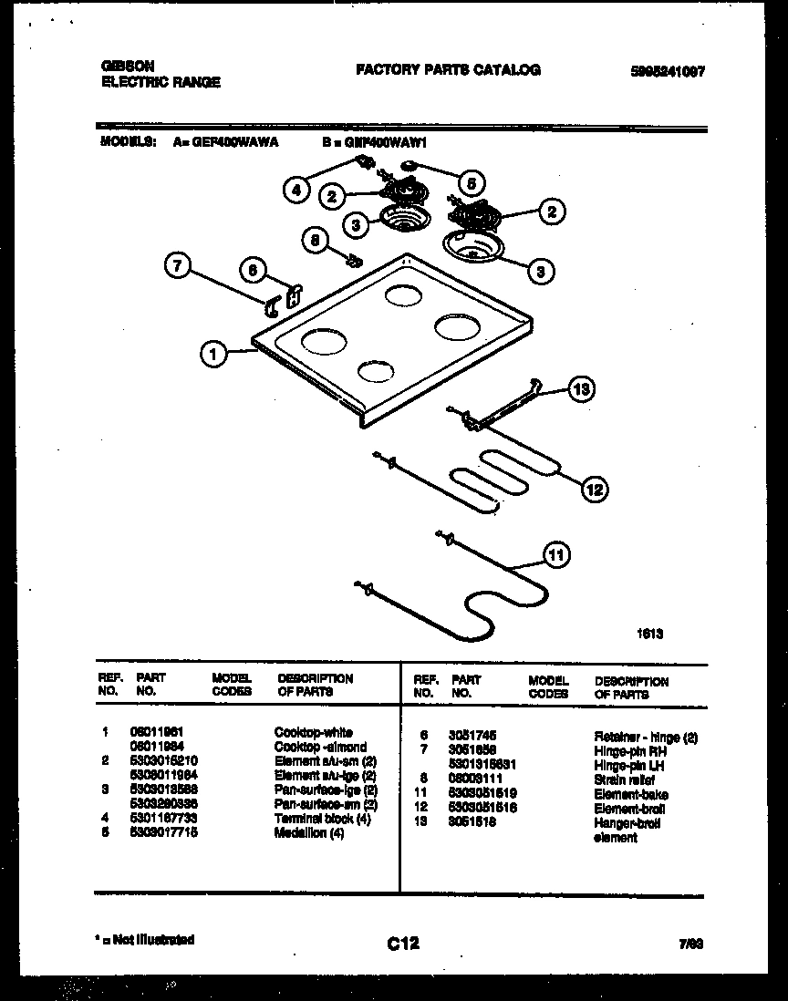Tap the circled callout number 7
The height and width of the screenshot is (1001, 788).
pyautogui.click(x=179, y=267)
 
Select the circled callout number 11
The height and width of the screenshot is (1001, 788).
pyautogui.click(x=555, y=553)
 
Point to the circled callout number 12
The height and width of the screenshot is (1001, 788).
pyautogui.click(x=594, y=490)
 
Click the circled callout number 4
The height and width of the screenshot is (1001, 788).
pyautogui.click(x=295, y=191)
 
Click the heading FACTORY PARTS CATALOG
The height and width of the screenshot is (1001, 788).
pyautogui.click(x=448, y=69)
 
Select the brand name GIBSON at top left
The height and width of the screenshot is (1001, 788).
pyautogui.click(x=126, y=67)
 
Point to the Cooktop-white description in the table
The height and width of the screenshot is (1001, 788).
pyautogui.click(x=313, y=732)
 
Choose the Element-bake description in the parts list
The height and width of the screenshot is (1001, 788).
pyautogui.click(x=631, y=795)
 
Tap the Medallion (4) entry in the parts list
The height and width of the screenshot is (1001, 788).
pyautogui.click(x=309, y=832)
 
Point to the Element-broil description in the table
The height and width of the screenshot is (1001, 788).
pyautogui.click(x=629, y=809)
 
